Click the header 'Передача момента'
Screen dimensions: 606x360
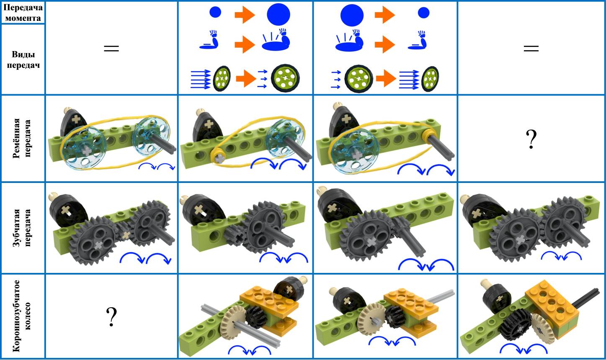[23, 13]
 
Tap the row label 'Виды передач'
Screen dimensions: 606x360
[23, 60]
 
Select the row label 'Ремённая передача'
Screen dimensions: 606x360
[23, 138]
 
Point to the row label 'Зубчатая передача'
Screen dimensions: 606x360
[23, 228]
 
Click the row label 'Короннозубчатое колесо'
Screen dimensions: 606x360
[23, 316]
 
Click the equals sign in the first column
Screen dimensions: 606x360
[111, 49]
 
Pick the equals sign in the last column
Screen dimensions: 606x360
[531, 49]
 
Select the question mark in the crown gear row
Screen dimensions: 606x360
[111, 316]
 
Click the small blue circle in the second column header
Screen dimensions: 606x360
[215, 12]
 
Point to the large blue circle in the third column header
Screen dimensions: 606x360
[352, 15]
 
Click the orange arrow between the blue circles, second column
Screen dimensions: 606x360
[245, 15]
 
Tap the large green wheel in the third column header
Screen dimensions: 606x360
[358, 79]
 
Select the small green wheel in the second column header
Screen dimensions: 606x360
[222, 78]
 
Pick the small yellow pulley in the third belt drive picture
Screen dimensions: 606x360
[430, 134]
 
